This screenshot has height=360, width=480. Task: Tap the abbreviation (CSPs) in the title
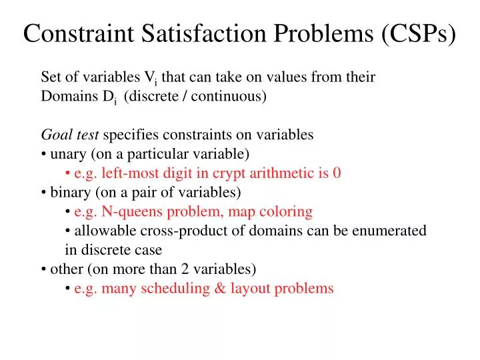pyautogui.click(x=418, y=34)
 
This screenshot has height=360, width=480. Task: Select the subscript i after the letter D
pyautogui.click(x=115, y=102)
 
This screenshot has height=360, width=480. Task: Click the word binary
pyautogui.click(x=70, y=193)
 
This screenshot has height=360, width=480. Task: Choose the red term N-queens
pyautogui.click(x=125, y=212)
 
